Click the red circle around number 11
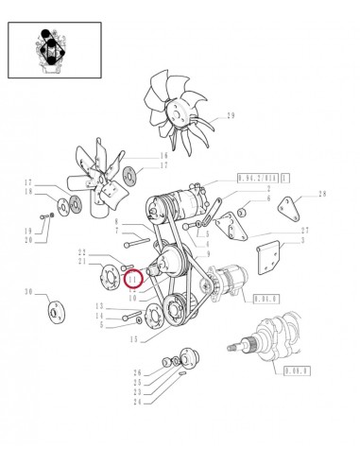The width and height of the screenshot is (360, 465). pos(133,279)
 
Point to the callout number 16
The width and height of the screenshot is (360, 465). pos(163,155)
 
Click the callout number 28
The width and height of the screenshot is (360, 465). pos(322,194)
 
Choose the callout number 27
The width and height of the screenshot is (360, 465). pos(303,230)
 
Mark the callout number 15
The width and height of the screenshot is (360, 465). pos(135,339)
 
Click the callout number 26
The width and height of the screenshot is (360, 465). pos(136,372)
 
